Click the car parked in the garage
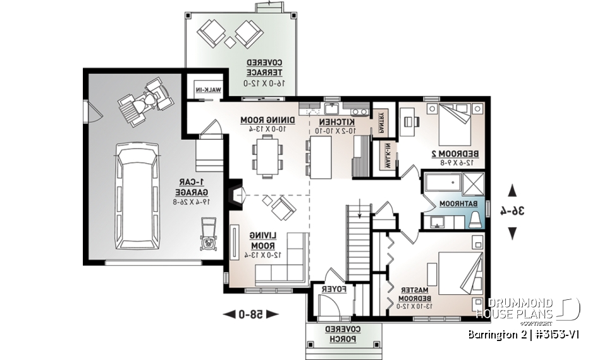pos(138,196)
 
